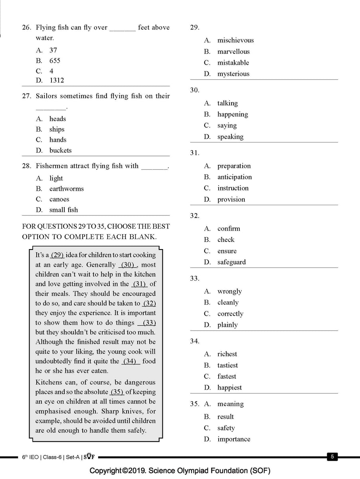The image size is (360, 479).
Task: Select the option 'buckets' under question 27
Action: (x=60, y=150)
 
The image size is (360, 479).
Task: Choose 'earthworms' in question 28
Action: (x=66, y=189)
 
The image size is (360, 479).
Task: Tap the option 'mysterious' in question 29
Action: (x=233, y=74)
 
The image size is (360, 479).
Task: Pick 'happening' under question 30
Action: (x=232, y=115)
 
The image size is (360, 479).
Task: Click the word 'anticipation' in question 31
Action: (x=234, y=177)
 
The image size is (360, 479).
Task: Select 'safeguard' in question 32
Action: (x=231, y=262)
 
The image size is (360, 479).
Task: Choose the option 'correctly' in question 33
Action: (x=230, y=314)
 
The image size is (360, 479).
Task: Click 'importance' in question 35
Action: (x=233, y=439)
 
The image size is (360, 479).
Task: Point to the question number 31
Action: (x=194, y=153)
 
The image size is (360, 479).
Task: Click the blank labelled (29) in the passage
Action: (x=57, y=255)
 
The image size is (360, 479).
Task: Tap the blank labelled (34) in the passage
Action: (x=131, y=361)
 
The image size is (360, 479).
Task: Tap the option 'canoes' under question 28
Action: (x=59, y=199)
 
